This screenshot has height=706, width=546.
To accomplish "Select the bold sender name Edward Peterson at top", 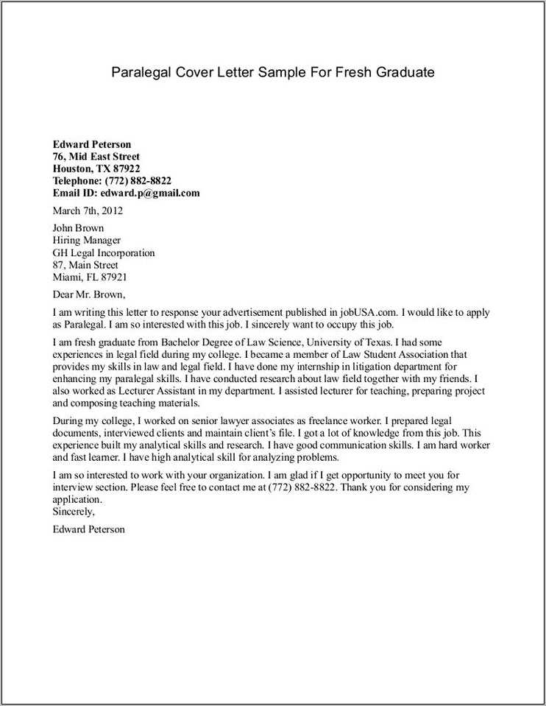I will (x=91, y=144).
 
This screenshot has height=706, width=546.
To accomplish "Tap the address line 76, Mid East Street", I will (x=96, y=157).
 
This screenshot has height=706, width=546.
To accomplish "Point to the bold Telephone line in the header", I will (x=112, y=181).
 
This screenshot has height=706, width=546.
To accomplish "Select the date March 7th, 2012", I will (x=88, y=211).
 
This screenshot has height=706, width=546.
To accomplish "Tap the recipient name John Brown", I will (x=78, y=228).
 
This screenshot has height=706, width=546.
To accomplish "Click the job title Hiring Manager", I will (x=86, y=240).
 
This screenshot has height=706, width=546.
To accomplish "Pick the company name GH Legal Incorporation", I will (x=104, y=253).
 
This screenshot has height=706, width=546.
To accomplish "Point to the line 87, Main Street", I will (x=85, y=265).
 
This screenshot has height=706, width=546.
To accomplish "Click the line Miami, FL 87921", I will (x=90, y=278).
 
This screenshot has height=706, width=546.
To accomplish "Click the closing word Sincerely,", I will (x=74, y=511).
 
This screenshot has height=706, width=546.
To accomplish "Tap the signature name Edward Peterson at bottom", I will (x=88, y=529).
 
